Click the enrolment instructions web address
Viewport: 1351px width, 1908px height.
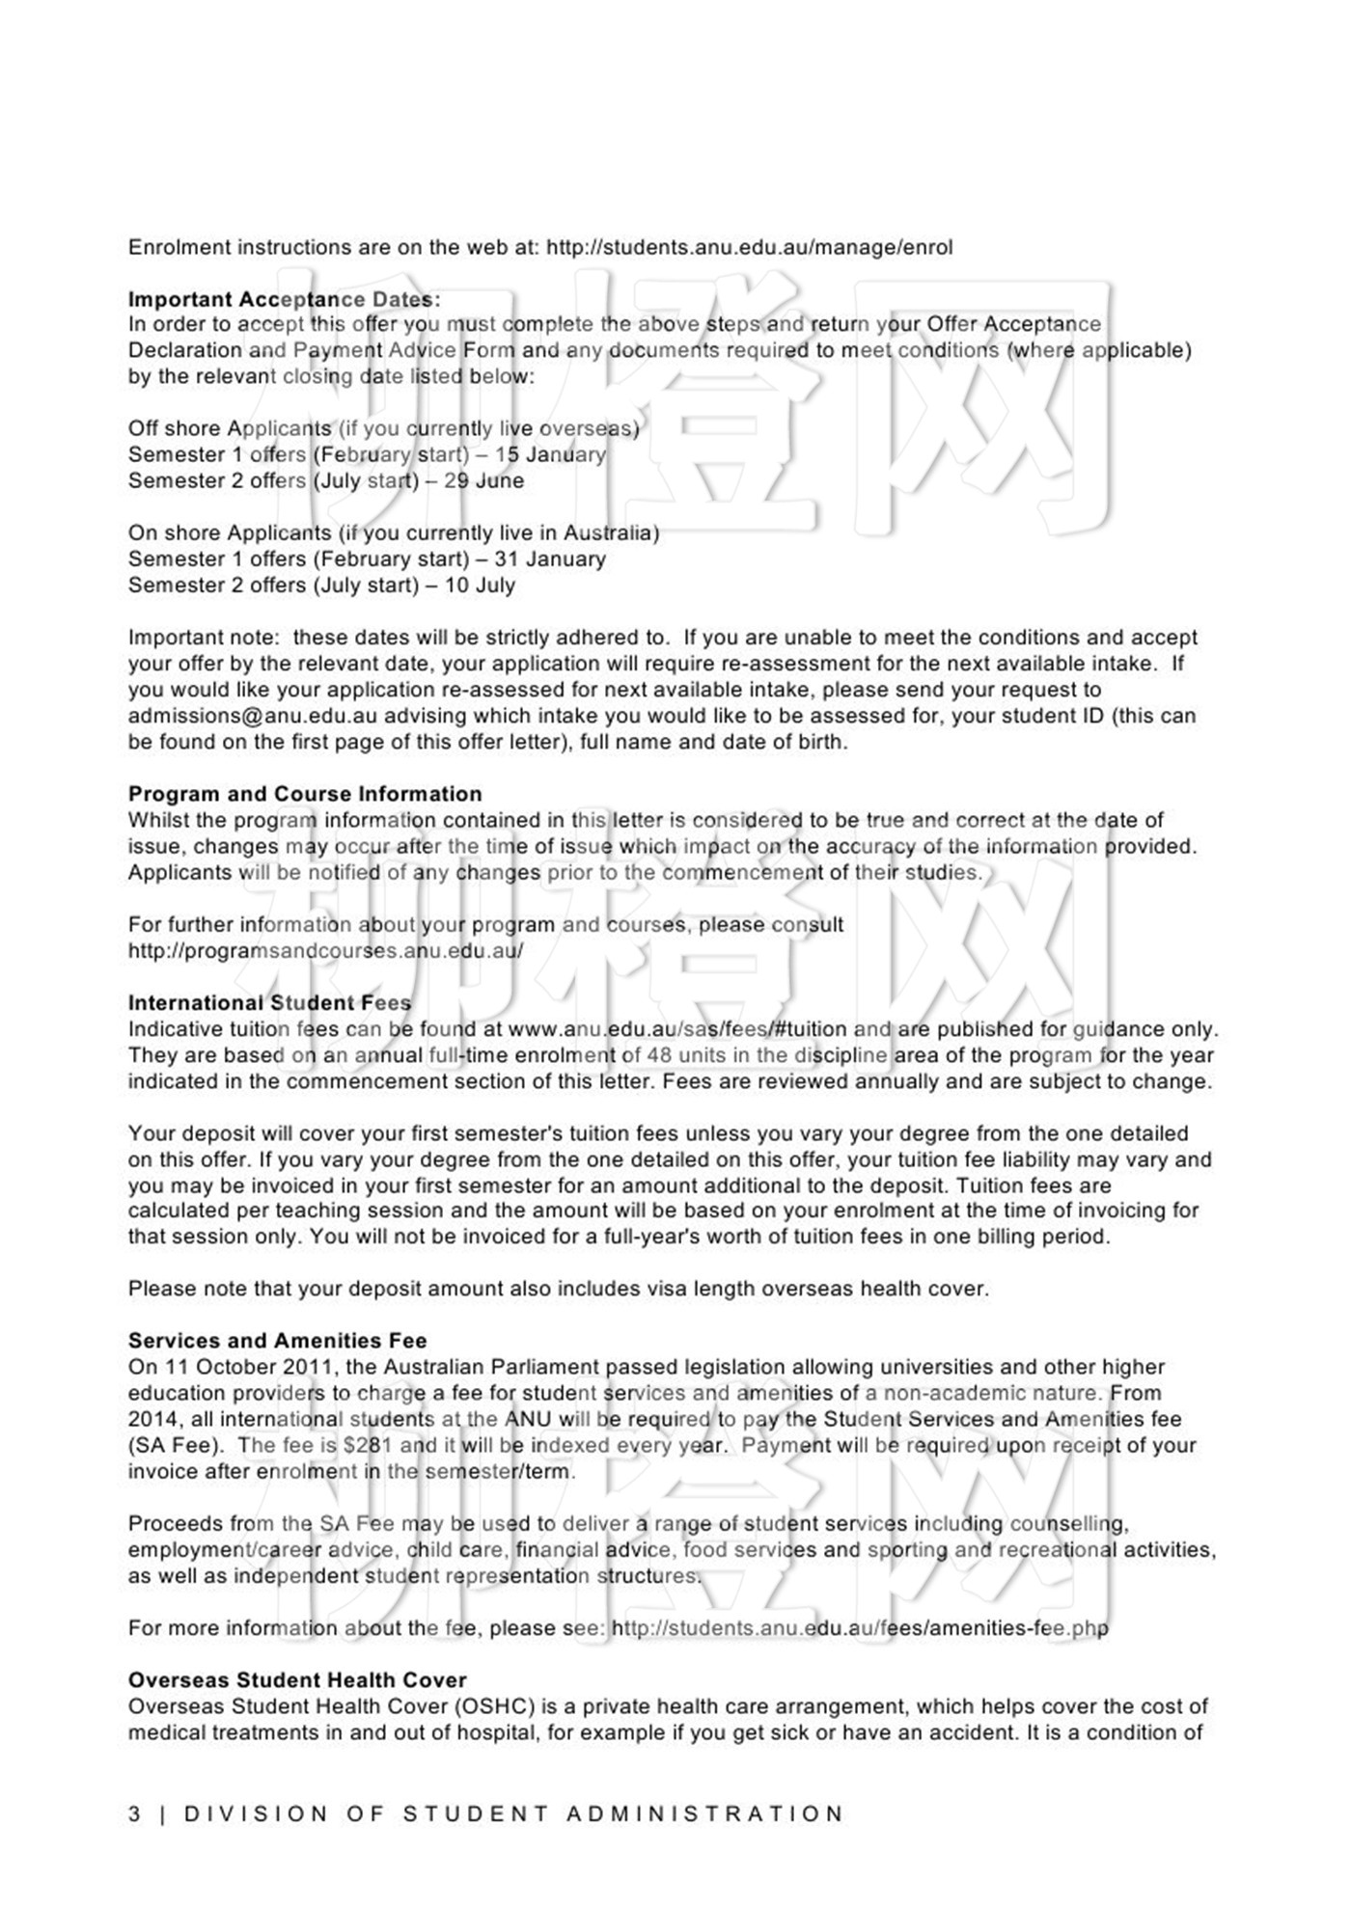pyautogui.click(x=749, y=248)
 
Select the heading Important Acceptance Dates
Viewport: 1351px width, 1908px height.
pyautogui.click(x=284, y=300)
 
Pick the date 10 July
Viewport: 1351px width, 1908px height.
pyautogui.click(x=480, y=586)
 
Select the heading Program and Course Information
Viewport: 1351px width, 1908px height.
pyautogui.click(x=305, y=795)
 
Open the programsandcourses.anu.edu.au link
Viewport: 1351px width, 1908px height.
pyautogui.click(x=325, y=951)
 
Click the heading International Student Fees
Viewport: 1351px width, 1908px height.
pyautogui.click(x=269, y=1003)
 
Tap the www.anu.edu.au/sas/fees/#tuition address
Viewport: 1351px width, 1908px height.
pyautogui.click(x=677, y=1029)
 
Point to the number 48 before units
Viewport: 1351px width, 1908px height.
pyautogui.click(x=659, y=1055)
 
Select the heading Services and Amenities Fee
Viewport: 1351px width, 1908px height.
pyautogui.click(x=277, y=1342)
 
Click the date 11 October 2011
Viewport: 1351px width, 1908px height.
pyautogui.click(x=250, y=1368)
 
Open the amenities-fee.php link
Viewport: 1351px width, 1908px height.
pyautogui.click(x=860, y=1628)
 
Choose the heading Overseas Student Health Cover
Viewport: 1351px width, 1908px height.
pyautogui.click(x=297, y=1680)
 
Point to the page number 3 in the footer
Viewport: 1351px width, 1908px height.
pyautogui.click(x=134, y=1814)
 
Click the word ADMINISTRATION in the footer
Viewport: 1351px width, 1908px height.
pyautogui.click(x=705, y=1814)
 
